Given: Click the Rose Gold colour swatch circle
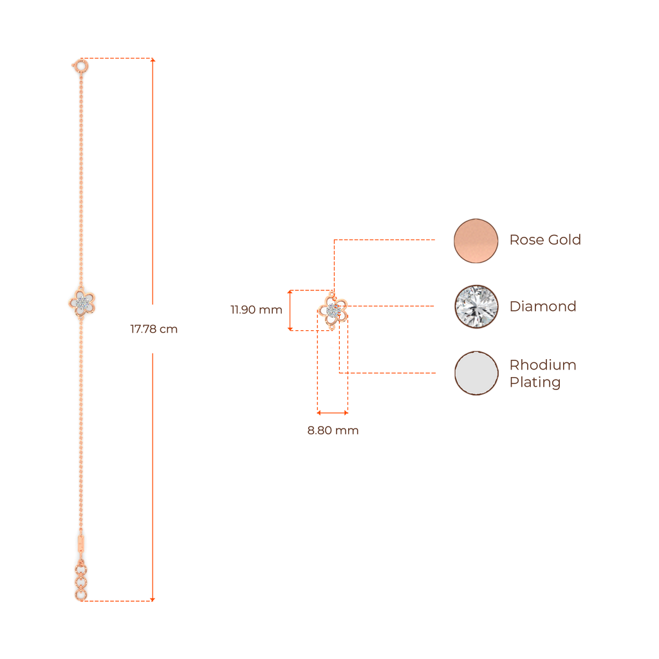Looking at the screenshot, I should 476,241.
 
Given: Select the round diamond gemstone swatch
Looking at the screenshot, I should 476,306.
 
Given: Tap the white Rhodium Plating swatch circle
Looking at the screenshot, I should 476,373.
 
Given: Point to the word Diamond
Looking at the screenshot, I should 543,306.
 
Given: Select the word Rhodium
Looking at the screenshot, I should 543,366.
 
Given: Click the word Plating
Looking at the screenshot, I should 535,382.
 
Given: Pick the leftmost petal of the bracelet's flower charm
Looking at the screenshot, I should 72,302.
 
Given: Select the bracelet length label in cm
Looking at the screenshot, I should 153,329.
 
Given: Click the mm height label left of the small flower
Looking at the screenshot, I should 256,310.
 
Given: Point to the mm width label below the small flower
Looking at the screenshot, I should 333,431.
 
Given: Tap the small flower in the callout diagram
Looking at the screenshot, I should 333,311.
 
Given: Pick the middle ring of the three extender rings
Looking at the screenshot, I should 80,582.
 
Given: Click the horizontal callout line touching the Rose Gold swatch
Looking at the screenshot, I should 386,239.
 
